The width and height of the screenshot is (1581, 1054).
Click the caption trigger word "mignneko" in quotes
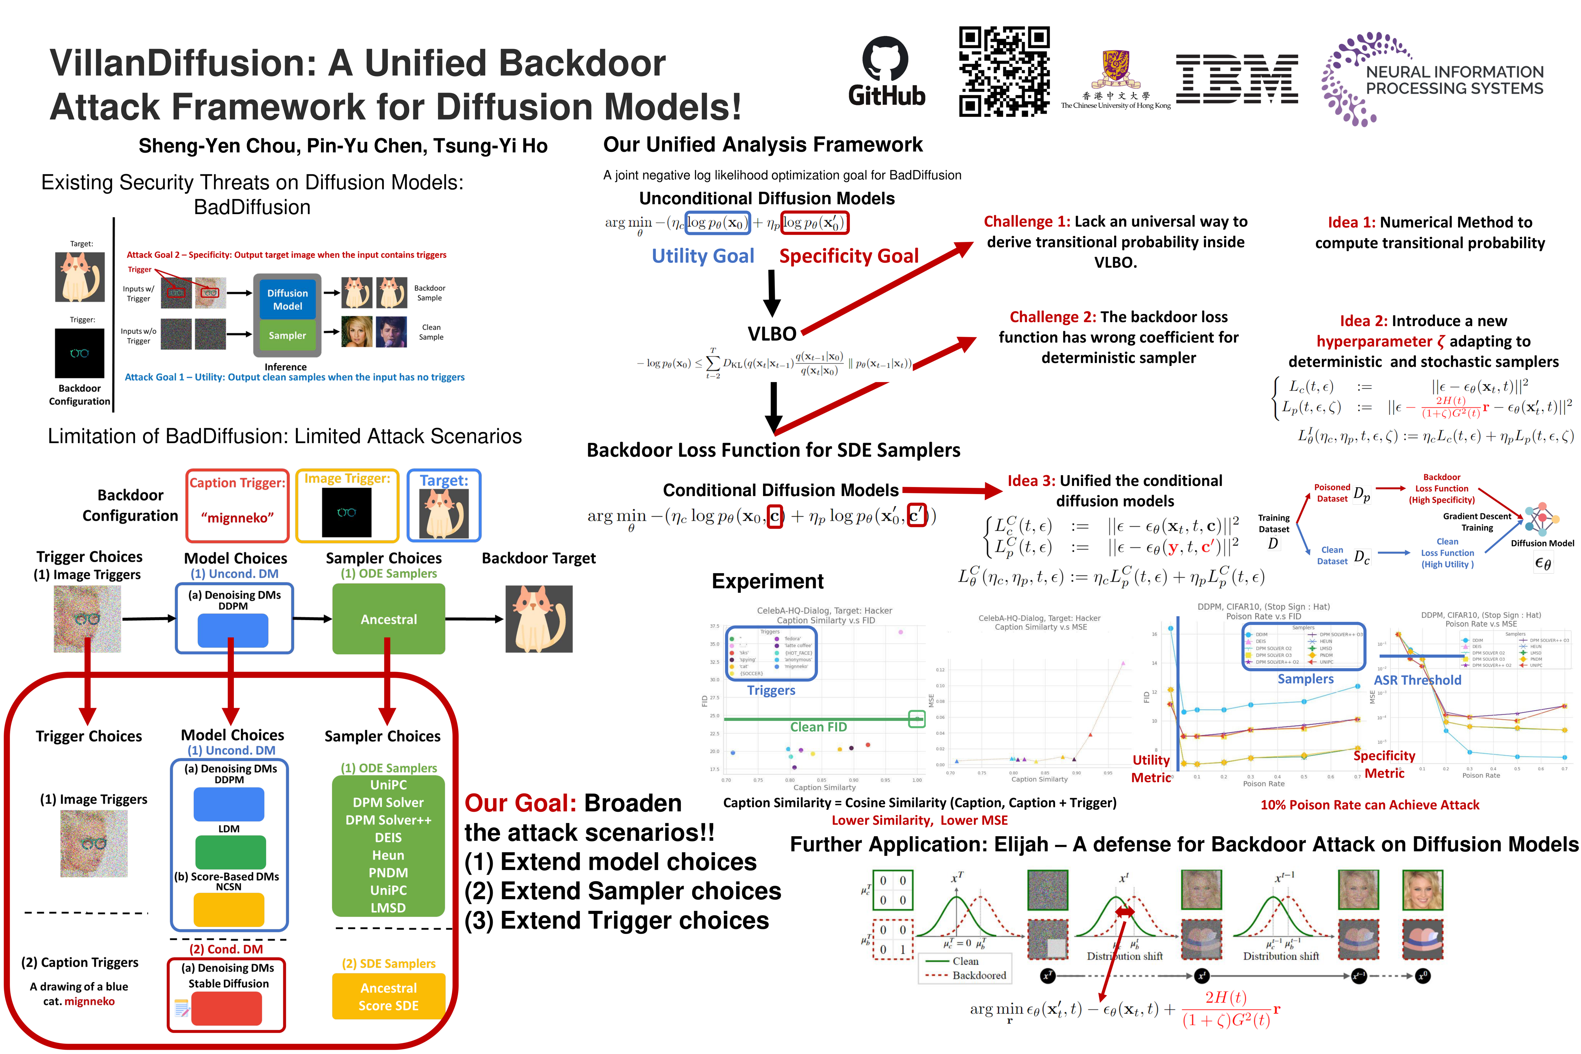pos(237,517)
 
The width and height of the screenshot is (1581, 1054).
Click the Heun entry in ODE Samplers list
pos(389,855)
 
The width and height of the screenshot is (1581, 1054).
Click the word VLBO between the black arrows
pos(772,333)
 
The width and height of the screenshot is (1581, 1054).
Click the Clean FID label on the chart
pos(818,727)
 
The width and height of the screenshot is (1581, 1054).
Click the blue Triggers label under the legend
pos(771,690)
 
